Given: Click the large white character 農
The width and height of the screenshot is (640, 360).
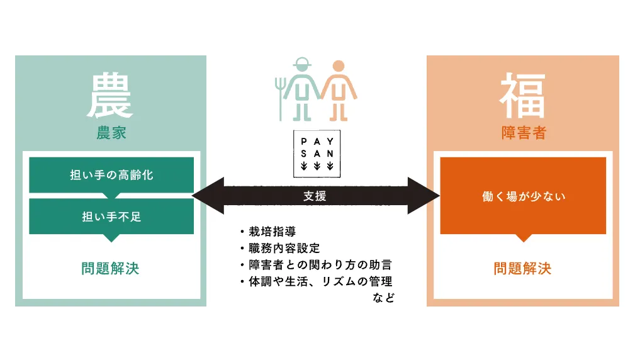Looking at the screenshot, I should pyautogui.click(x=111, y=95).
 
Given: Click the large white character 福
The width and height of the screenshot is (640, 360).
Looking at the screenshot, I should pyautogui.click(x=523, y=95).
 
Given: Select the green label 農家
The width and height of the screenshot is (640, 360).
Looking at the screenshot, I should pyautogui.click(x=111, y=133).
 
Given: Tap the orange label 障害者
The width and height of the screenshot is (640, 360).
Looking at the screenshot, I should pyautogui.click(x=523, y=133).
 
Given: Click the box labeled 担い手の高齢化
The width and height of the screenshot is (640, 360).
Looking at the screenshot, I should pyautogui.click(x=111, y=175).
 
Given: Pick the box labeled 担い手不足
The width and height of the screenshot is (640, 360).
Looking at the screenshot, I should pyautogui.click(x=111, y=217).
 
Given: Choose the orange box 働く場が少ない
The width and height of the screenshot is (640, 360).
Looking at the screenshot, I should pyautogui.click(x=523, y=196).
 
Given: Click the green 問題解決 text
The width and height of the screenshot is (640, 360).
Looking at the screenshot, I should pyautogui.click(x=110, y=269).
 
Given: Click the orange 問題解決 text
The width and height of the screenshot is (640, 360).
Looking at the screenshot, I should pyautogui.click(x=522, y=269).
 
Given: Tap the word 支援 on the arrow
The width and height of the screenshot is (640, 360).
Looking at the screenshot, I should pyautogui.click(x=315, y=196).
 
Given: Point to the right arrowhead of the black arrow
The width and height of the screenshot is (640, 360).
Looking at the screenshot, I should pyautogui.click(x=425, y=196).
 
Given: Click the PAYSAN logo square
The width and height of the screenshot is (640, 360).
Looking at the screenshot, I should pyautogui.click(x=317, y=153).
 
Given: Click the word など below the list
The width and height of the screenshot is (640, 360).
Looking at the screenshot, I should pyautogui.click(x=383, y=298).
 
